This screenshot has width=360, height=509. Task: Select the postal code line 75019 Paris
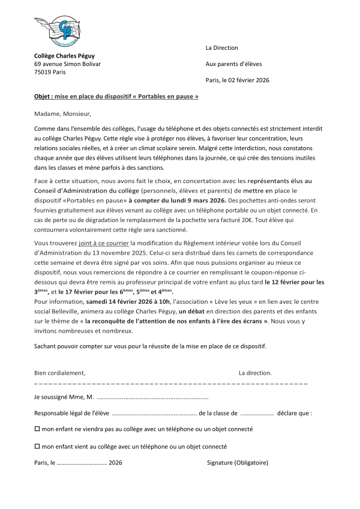pyautogui.click(x=50, y=72)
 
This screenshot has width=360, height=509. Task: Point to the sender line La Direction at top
pyautogui.click(x=221, y=47)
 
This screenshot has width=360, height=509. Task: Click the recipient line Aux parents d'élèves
pyautogui.click(x=233, y=64)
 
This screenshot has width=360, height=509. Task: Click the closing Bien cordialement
pyautogui.click(x=59, y=373)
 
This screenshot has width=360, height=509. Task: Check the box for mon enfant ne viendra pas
pyautogui.click(x=37, y=429)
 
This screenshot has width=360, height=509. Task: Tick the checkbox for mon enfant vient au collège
pyautogui.click(x=37, y=446)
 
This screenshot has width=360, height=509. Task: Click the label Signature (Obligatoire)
pyautogui.click(x=237, y=463)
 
